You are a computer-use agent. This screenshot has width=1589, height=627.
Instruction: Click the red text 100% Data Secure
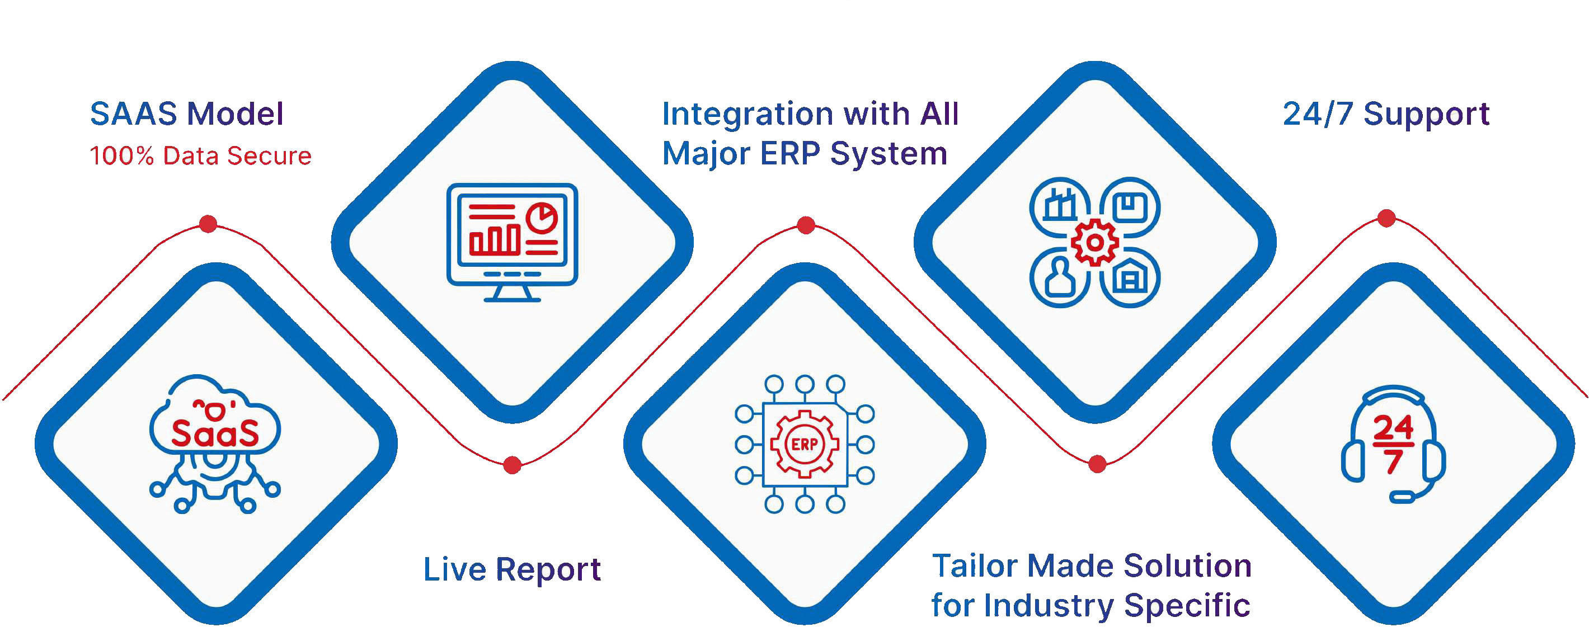(x=200, y=156)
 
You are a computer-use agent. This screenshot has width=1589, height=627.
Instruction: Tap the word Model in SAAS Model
(x=235, y=114)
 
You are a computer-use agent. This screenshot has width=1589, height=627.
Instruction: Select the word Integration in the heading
(x=747, y=115)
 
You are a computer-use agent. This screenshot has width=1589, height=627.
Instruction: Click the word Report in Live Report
(x=548, y=569)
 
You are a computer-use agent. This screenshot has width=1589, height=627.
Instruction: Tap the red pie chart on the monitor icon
(x=542, y=217)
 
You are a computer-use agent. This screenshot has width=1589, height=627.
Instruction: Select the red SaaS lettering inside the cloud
(x=215, y=433)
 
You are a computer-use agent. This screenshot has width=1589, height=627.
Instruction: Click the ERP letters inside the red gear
(x=805, y=445)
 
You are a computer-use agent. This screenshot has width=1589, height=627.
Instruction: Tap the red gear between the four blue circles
(x=1095, y=242)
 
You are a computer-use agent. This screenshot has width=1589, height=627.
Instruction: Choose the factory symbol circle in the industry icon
(x=1060, y=206)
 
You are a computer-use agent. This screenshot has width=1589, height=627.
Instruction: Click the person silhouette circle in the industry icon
(x=1060, y=277)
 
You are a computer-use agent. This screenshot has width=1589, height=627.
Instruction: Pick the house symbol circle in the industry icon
(x=1130, y=277)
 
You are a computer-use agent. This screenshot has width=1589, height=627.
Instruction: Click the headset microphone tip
(x=1402, y=497)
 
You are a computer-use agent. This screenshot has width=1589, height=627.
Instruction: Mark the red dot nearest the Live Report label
(x=512, y=465)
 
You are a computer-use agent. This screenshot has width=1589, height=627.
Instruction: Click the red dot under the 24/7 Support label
(x=1386, y=218)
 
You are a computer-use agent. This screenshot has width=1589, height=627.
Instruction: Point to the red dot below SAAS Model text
(x=208, y=223)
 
